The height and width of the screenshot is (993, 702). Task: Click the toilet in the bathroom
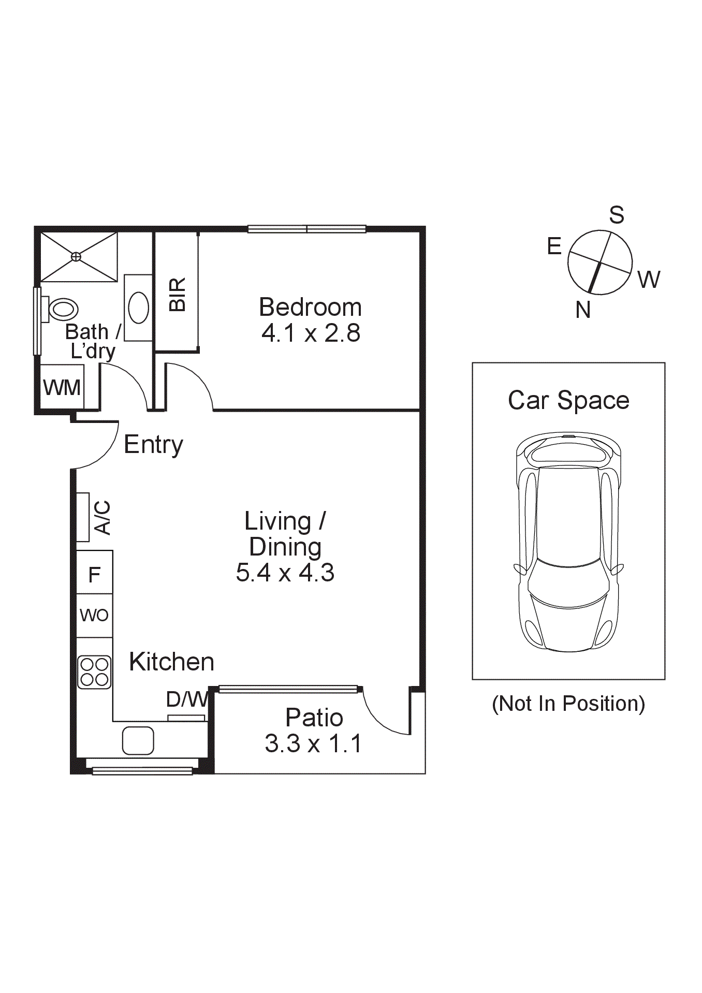61,309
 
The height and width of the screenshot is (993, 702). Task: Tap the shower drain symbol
76,256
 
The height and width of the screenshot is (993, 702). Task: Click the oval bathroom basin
138,308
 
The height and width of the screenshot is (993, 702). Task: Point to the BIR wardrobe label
178,295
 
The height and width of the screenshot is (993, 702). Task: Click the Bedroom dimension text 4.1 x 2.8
311,333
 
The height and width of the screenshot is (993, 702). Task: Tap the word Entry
153,445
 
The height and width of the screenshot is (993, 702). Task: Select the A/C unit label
103,517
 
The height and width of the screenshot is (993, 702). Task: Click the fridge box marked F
94,574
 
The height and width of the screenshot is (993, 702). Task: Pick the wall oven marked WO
94,615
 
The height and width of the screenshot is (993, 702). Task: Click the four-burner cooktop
94,672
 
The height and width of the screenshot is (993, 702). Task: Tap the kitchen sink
138,740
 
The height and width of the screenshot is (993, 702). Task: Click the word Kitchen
171,662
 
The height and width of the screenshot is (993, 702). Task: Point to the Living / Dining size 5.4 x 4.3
285,573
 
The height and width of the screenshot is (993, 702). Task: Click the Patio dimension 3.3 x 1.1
313,744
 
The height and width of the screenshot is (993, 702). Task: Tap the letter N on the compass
583,310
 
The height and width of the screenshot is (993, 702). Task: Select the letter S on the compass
617,215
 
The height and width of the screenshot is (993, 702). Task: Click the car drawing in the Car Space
568,542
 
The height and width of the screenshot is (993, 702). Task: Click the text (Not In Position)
568,704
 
